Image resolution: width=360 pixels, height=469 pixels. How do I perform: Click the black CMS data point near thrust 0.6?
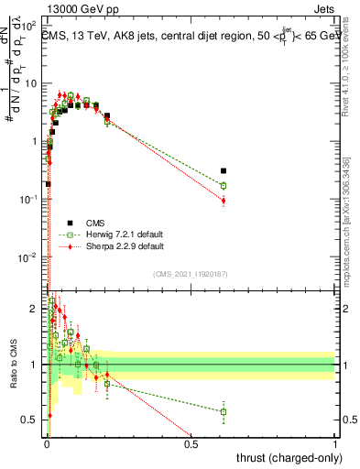[224, 170]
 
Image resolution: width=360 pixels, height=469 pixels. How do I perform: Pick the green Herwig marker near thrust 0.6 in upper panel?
[224, 185]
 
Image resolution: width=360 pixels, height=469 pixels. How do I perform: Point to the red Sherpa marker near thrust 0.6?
[224, 201]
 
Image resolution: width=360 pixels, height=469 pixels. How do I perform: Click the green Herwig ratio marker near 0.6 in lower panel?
[224, 411]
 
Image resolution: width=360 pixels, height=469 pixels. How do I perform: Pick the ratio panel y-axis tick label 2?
[37, 309]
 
